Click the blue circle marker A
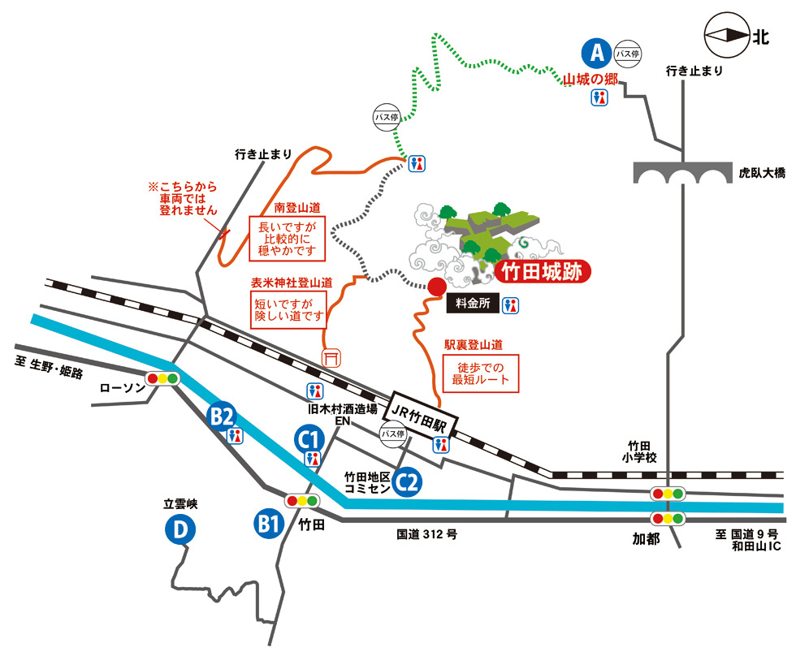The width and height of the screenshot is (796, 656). (x=597, y=53)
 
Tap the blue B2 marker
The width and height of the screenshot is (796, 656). (x=222, y=416)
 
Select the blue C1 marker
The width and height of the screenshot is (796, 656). (x=309, y=439)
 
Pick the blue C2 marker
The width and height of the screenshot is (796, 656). (x=407, y=482)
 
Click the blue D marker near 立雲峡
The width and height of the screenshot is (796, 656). (x=180, y=529)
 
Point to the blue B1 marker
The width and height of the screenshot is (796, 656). (x=269, y=523)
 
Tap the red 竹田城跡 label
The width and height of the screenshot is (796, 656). (x=542, y=272)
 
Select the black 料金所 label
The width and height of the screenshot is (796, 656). (x=473, y=304)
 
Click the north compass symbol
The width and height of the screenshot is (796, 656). (x=727, y=35)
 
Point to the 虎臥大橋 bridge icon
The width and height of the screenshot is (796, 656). (x=682, y=172)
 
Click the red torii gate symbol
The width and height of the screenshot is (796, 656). (x=331, y=357)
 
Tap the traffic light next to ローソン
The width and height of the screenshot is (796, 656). (x=162, y=378)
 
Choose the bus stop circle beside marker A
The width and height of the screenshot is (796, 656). (x=627, y=54)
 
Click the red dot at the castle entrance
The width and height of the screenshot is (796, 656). (x=437, y=287)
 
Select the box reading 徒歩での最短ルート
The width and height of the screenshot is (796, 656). (x=480, y=373)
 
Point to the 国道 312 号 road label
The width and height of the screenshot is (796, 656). (x=426, y=534)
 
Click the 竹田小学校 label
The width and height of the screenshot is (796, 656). (x=639, y=451)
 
